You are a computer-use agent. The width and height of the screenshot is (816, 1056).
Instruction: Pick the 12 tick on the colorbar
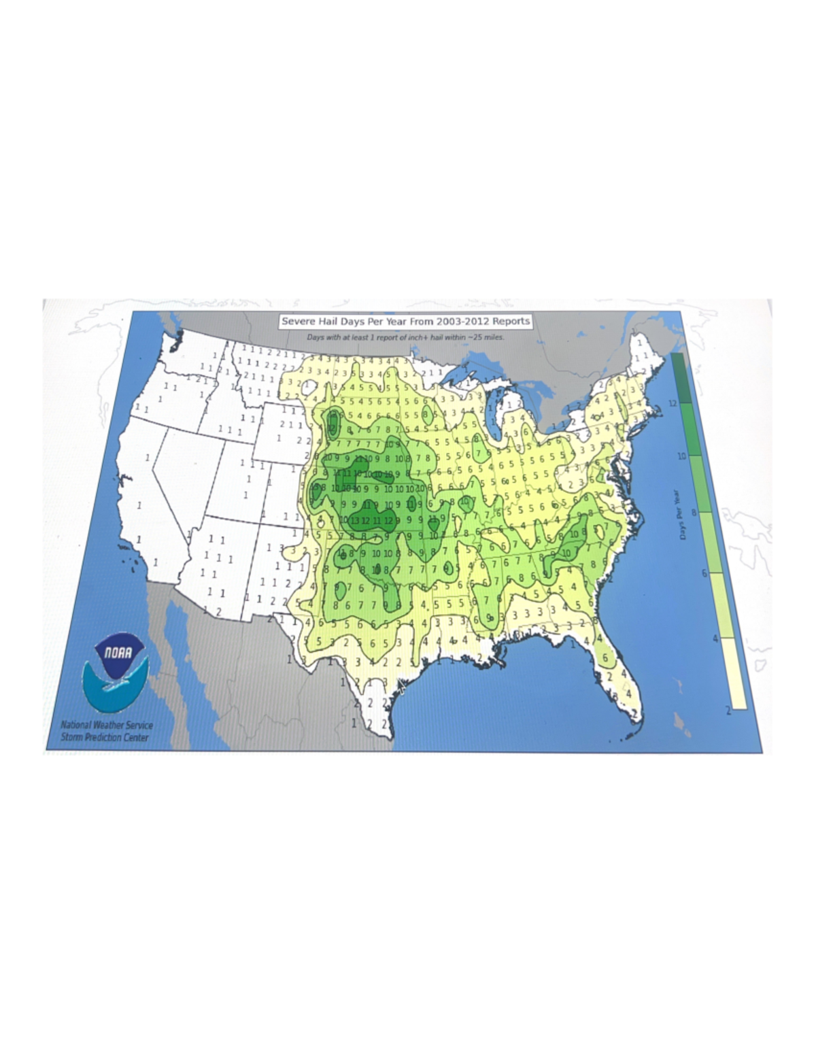672,403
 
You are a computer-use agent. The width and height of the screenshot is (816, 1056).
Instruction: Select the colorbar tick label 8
694,513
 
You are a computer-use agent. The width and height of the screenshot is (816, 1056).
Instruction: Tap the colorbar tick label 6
704,573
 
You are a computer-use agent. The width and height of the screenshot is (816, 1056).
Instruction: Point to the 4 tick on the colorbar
715,638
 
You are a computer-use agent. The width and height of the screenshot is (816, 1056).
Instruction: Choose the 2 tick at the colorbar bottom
728,710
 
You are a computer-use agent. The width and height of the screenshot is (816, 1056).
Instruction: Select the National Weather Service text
107,726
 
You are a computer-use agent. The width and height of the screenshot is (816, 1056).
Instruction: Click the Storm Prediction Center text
104,737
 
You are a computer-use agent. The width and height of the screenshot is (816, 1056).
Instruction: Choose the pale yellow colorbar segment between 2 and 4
734,673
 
